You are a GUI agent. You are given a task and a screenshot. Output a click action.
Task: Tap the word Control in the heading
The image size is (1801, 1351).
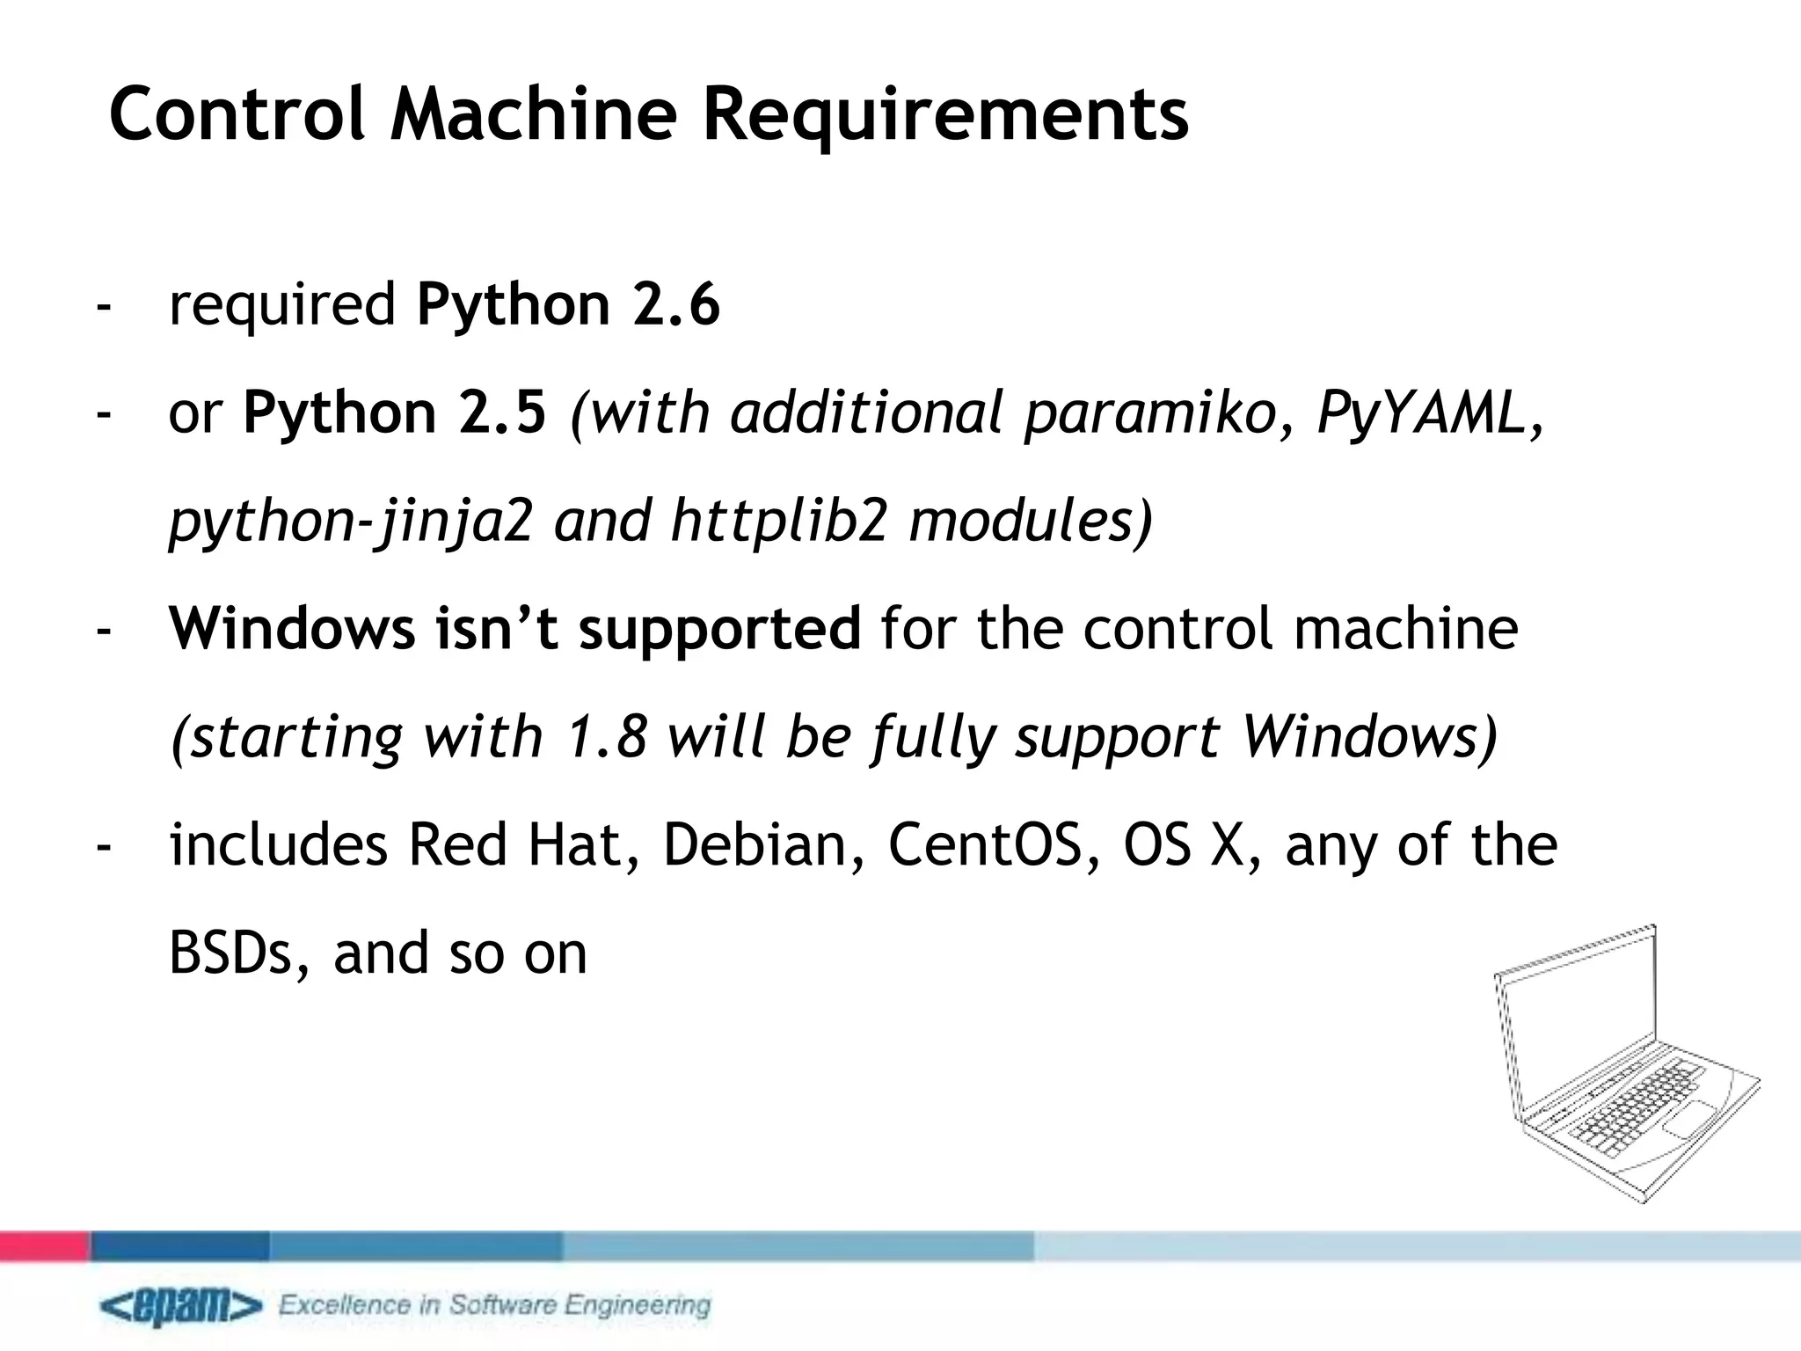click(236, 114)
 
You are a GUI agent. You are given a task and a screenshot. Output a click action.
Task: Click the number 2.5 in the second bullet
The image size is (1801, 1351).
click(502, 413)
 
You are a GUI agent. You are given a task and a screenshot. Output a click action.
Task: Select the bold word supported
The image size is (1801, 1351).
click(719, 629)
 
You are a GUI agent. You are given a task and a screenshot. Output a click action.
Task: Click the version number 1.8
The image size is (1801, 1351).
click(603, 736)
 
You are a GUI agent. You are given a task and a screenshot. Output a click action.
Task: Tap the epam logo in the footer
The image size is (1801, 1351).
click(180, 1307)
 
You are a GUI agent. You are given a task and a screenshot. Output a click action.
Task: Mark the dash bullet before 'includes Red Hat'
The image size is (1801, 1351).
click(105, 846)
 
